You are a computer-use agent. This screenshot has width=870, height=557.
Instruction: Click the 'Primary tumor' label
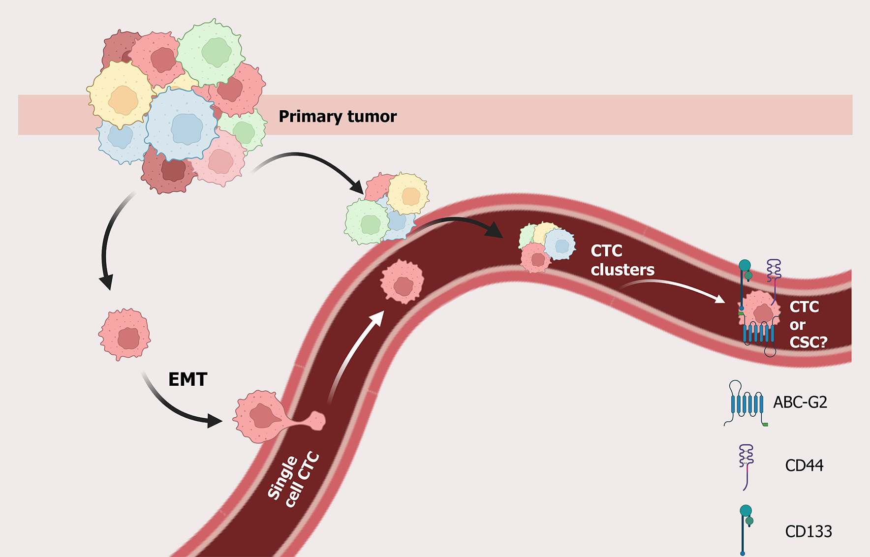coord(338,117)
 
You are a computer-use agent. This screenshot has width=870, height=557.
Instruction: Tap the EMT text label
coord(187,379)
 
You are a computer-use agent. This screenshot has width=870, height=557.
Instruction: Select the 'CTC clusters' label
coord(622,260)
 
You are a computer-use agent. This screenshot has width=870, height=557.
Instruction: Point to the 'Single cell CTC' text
coord(294,480)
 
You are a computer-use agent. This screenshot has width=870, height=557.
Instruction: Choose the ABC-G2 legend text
coord(800,402)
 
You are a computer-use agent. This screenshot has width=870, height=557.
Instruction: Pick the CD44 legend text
coord(804,465)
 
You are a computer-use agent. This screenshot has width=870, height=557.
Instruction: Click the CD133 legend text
coord(808,531)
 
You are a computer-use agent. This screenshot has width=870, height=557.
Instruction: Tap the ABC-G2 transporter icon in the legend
coord(746,403)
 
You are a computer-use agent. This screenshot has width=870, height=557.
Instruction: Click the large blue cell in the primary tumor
coord(182,125)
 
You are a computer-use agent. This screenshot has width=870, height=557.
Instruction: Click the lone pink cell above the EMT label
coord(125,335)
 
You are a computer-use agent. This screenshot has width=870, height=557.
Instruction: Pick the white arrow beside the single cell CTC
coord(355,354)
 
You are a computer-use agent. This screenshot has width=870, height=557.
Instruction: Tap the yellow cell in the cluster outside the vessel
coord(408,194)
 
